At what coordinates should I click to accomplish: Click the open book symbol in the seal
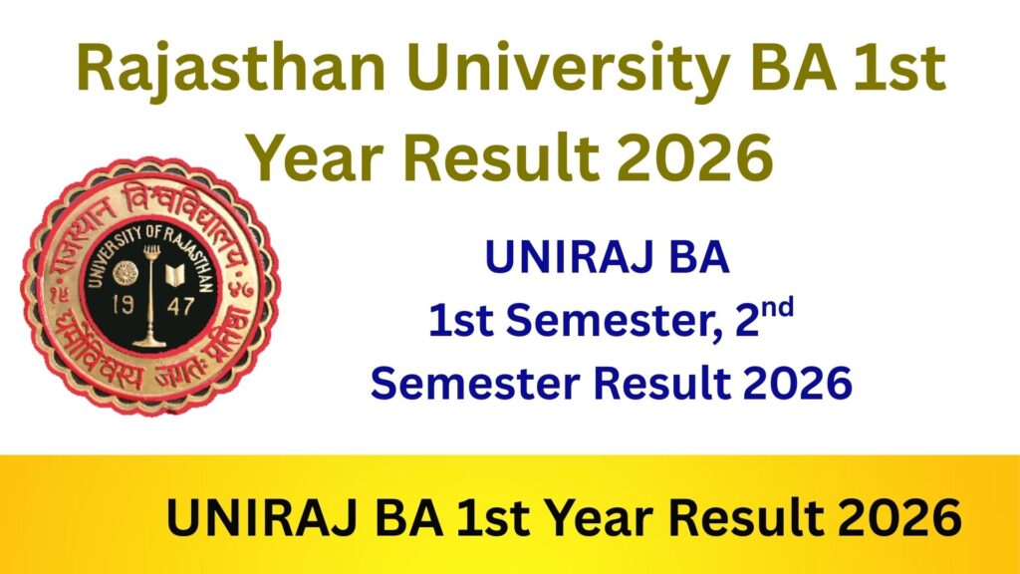(182, 272)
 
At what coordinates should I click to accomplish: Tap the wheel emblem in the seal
(125, 272)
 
